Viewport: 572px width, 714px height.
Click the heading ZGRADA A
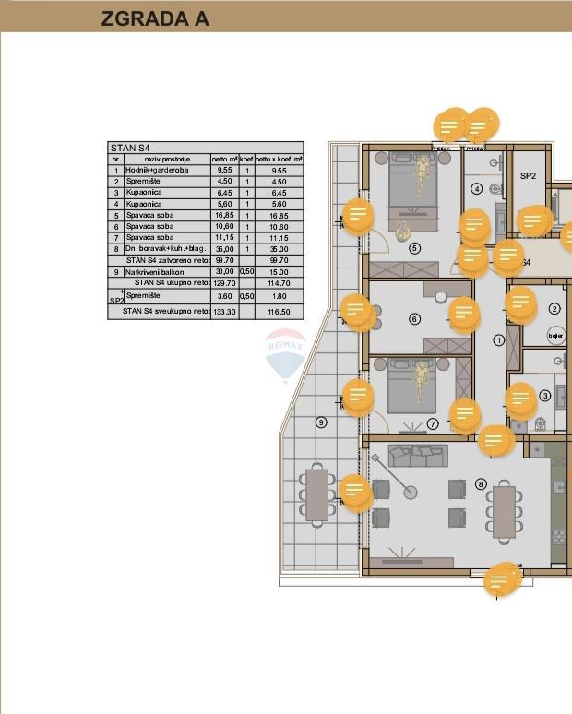(155, 18)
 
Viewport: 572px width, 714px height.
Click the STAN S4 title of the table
(130, 148)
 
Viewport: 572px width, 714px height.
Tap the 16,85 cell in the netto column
(224, 216)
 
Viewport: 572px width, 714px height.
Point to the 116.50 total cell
(279, 313)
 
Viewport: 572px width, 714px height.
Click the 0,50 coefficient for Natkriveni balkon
(247, 273)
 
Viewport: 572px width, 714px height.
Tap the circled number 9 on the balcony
(321, 422)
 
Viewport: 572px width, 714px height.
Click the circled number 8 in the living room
(481, 483)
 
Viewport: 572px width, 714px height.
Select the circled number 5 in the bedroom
(414, 248)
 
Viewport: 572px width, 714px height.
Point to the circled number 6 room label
(414, 319)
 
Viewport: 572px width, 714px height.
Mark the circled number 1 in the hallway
(499, 340)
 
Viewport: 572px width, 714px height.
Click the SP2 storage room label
(528, 176)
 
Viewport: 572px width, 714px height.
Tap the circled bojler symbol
(555, 335)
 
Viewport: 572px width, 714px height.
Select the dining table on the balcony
(317, 495)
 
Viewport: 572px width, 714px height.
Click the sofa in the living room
(417, 455)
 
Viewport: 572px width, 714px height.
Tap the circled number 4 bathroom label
(477, 189)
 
